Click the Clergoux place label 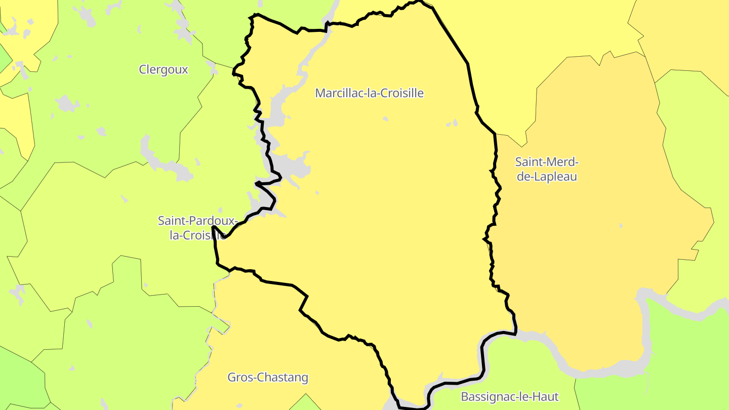coord(164,70)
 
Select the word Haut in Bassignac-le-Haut coord(546,396)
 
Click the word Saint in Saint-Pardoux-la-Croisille coord(172,221)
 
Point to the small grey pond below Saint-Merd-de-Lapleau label coord(621,225)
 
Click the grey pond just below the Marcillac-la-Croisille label coord(386,119)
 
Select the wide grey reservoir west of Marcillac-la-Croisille coord(291,165)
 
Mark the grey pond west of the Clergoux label coord(66,104)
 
